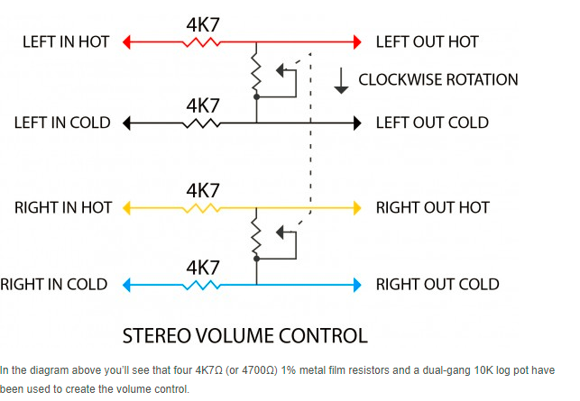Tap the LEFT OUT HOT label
tap(427, 41)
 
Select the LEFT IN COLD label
tap(62, 123)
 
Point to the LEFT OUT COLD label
tap(432, 123)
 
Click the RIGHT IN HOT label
tap(63, 207)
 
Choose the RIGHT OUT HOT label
tap(432, 207)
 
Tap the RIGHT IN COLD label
tap(54, 285)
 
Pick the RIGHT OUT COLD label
tap(437, 285)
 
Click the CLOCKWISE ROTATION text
tap(438, 79)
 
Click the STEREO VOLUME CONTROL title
tap(244, 337)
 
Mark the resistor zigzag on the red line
tap(203, 41)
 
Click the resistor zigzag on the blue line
tap(203, 285)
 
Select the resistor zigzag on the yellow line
tap(203, 207)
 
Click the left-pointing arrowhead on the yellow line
tap(129, 207)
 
